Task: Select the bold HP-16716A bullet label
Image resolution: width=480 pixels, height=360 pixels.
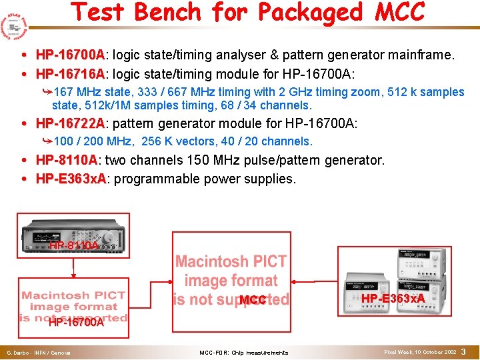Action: [x=70, y=73]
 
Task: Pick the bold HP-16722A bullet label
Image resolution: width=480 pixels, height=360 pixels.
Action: [x=70, y=123]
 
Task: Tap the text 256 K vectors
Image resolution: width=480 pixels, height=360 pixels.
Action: [x=167, y=141]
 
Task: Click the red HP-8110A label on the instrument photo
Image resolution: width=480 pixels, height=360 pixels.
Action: [x=73, y=245]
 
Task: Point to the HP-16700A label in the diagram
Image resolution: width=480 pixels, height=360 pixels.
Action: [x=76, y=323]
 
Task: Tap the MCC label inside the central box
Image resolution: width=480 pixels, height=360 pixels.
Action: [x=253, y=301]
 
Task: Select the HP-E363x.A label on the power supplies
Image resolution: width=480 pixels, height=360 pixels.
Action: [x=393, y=297]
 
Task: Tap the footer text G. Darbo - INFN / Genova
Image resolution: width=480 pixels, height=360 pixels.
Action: [x=39, y=353]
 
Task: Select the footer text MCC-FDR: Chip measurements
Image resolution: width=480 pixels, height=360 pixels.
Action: [x=244, y=353]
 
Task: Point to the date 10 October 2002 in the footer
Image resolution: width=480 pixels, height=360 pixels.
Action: [x=432, y=352]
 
